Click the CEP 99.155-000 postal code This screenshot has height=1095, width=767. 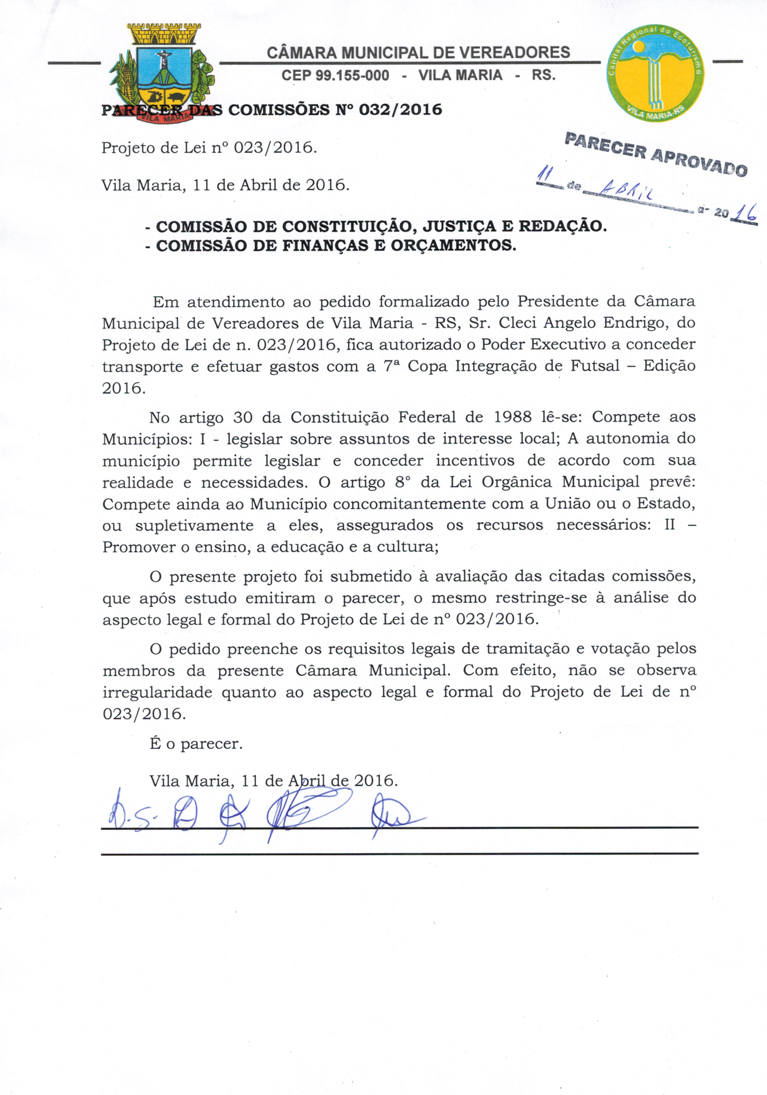pos(335,76)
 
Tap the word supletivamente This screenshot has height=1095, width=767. pos(194,525)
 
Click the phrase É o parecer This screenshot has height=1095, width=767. pos(196,744)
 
